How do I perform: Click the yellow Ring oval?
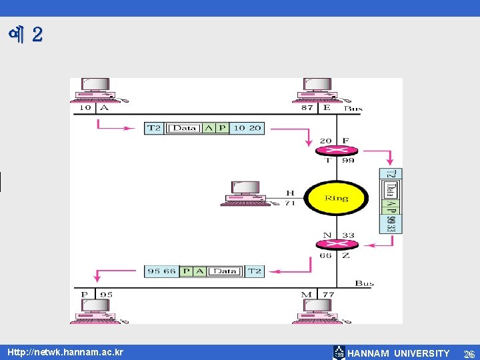337,198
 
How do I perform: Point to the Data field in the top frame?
184,127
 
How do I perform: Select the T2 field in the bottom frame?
254,271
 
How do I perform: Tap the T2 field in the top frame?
154,127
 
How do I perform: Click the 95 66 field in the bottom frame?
162,271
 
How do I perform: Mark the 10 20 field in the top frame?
247,127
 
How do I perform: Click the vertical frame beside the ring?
391,201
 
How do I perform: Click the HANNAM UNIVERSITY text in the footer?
399,353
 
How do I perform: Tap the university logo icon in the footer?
339,353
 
